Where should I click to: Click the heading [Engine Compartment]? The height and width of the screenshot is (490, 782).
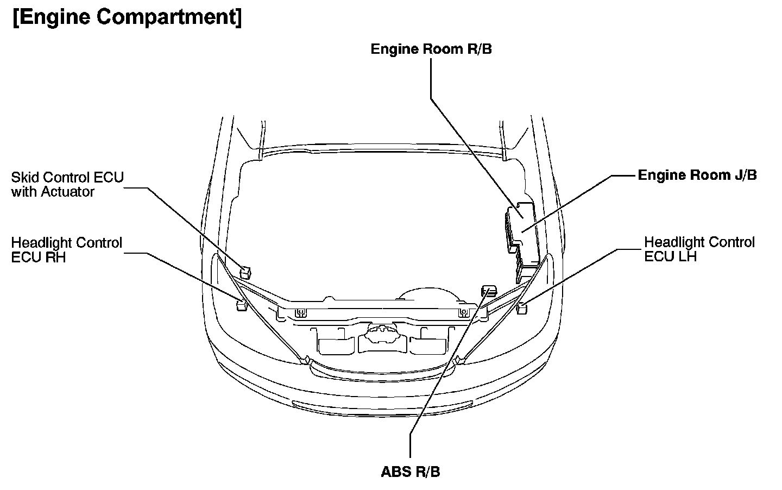coord(127,17)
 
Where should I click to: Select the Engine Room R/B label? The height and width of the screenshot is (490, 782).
coord(431,49)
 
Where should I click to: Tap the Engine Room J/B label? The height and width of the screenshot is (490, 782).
coord(697,175)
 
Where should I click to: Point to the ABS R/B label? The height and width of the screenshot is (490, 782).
coord(411,472)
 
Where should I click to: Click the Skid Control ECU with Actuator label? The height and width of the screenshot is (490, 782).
coord(67,184)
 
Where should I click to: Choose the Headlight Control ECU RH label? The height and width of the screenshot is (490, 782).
coord(67,250)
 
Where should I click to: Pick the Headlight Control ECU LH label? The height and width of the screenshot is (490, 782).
coord(699,249)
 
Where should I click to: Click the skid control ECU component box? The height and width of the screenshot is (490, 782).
coord(246,269)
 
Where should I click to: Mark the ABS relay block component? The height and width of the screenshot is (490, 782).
coord(489,291)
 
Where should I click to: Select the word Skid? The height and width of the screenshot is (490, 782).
coord(24,177)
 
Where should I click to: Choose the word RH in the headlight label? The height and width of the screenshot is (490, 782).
coord(55,257)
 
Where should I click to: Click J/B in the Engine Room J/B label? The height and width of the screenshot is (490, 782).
coord(744,175)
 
